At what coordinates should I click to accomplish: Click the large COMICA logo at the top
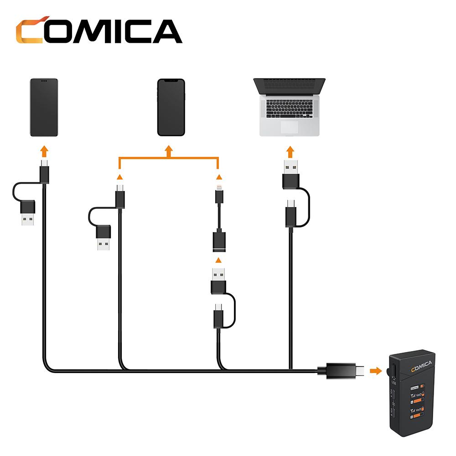pos(98,31)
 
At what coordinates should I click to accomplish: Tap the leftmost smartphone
pos(44,108)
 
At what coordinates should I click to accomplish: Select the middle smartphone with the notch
pos(171,108)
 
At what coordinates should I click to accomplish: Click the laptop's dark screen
pos(289,86)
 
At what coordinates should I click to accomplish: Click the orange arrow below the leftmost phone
pos(44,151)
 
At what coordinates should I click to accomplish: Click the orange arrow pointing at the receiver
pos(375,371)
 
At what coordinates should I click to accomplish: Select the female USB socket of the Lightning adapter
pos(219,242)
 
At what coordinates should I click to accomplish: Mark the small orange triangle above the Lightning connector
pos(219,177)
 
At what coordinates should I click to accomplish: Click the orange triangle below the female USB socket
pos(219,260)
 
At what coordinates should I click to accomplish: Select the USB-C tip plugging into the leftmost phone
pos(44,163)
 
